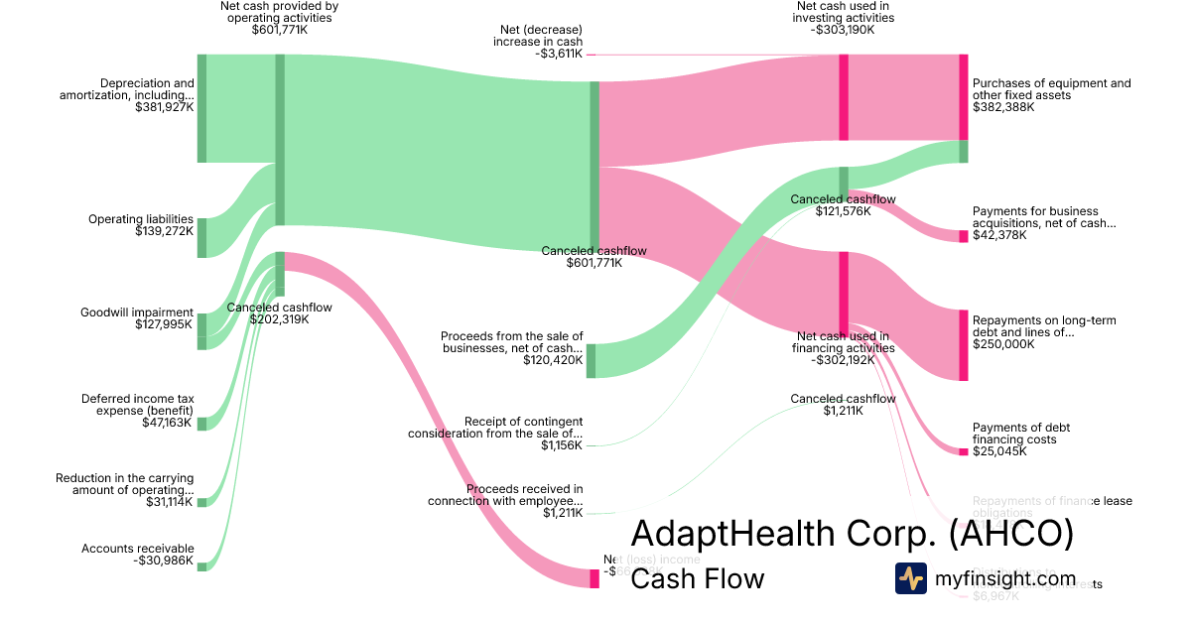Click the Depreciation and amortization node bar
coord(201,108)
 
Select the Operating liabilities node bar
coord(201,237)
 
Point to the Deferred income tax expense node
coord(201,424)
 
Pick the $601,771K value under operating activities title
coord(279,30)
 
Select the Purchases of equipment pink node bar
coord(963,97)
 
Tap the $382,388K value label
coord(1003,107)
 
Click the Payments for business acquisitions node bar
coord(963,236)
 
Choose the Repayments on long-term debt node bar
coord(963,345)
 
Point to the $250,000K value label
coord(1003,344)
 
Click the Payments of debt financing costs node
coord(963,451)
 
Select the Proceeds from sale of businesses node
coord(591,360)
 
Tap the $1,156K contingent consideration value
coord(562,445)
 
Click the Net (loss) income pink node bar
coord(595,578)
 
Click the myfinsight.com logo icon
coord(911,578)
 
